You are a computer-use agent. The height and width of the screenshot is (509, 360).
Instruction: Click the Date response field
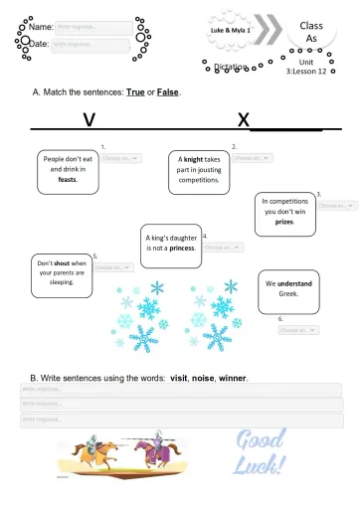point(90,45)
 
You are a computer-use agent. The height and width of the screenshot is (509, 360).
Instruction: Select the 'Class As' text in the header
point(310,31)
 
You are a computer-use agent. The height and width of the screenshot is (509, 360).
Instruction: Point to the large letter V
point(89,119)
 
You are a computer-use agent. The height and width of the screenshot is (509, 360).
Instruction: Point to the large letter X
point(243,119)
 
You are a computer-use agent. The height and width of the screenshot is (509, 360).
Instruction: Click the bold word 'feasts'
point(68,180)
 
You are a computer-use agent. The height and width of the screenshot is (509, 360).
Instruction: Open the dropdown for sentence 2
point(253,158)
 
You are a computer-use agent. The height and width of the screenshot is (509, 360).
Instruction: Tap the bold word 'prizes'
point(284,222)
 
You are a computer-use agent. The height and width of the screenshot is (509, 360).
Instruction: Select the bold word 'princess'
point(181,249)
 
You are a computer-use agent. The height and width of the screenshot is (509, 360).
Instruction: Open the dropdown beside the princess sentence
point(223,247)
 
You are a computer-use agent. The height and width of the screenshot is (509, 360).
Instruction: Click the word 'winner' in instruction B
point(232,378)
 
